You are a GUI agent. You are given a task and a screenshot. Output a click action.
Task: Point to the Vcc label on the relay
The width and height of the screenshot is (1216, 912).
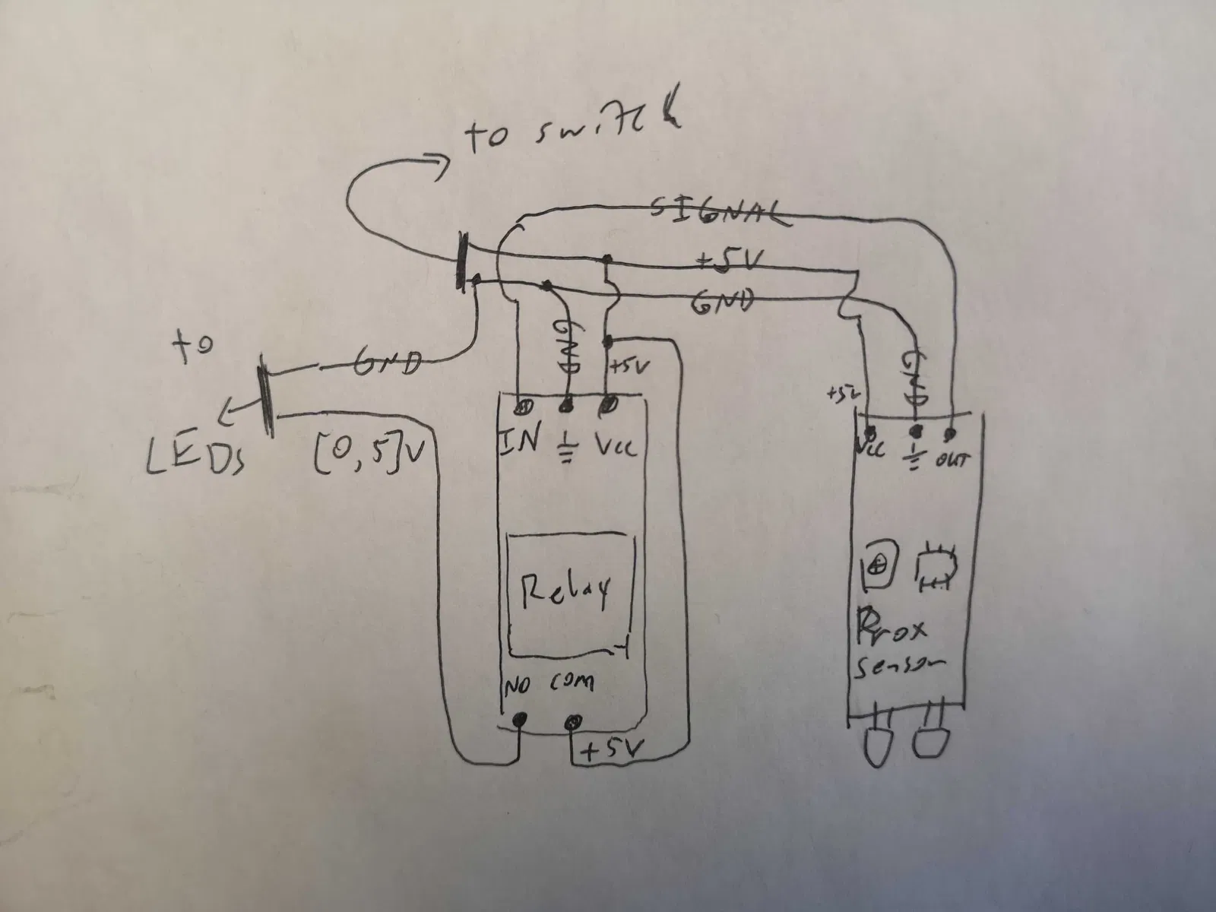point(615,445)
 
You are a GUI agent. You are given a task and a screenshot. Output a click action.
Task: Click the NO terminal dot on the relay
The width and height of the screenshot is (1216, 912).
point(520,719)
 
